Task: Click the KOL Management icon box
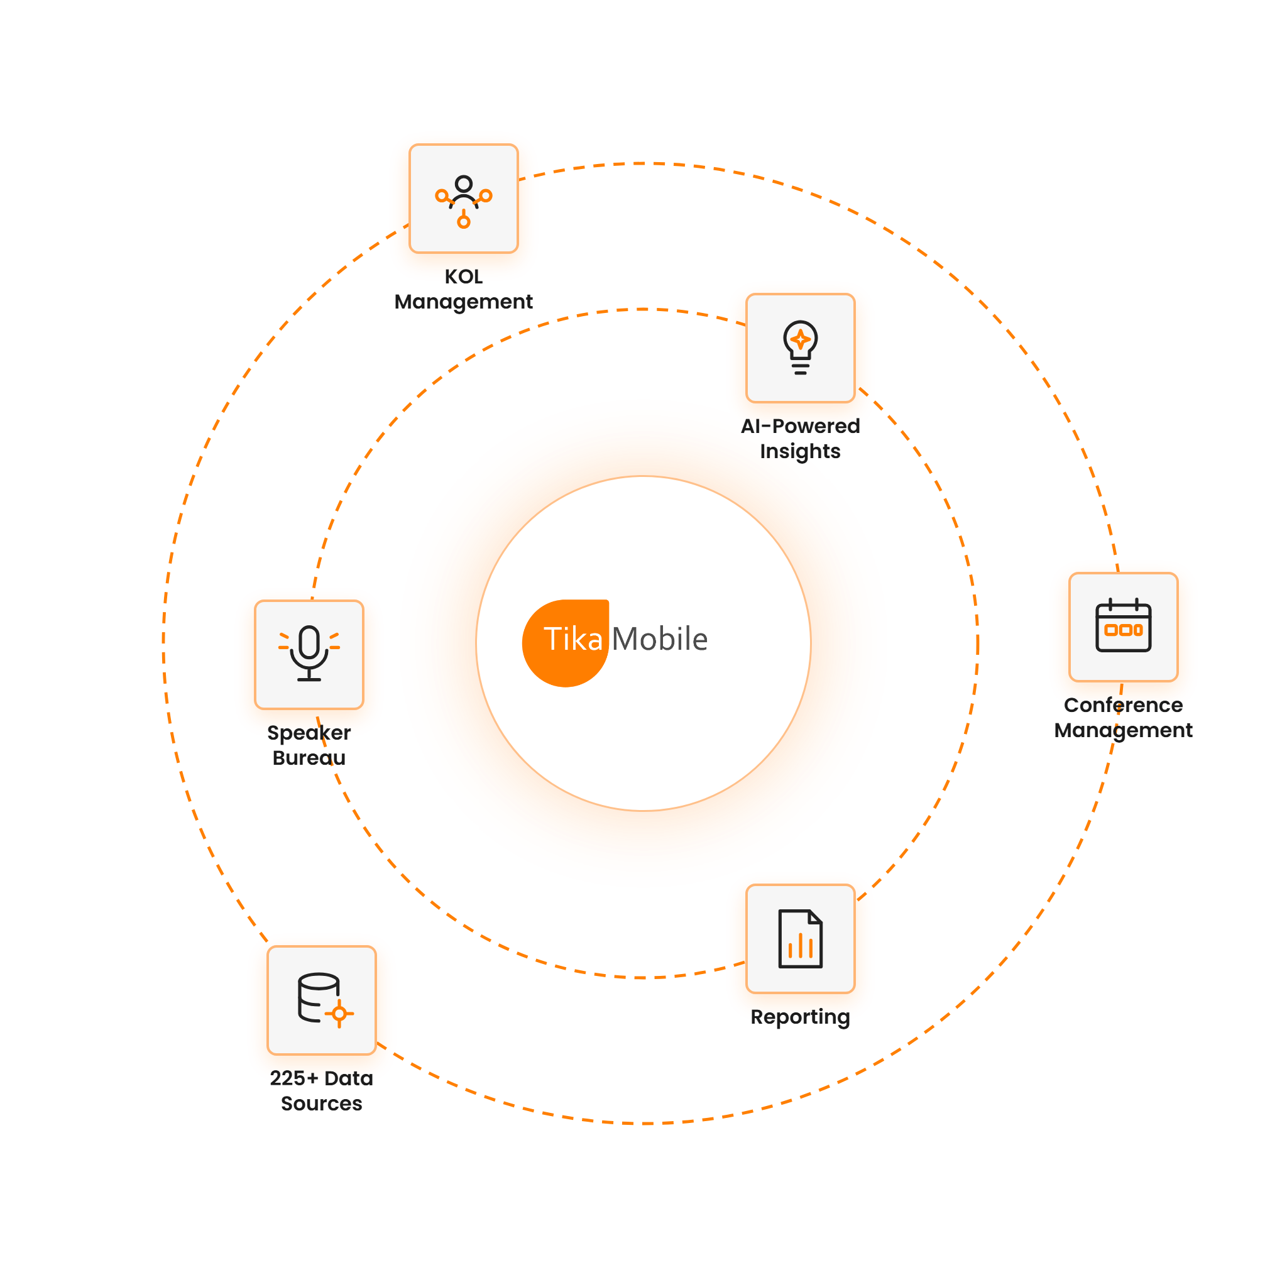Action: [464, 199]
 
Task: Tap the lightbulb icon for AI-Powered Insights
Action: [800, 347]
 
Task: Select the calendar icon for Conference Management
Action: [1123, 625]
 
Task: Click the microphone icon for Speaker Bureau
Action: [309, 654]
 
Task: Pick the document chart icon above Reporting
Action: [800, 939]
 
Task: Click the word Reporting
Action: [800, 1017]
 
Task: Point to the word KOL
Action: [464, 277]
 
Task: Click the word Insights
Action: [800, 452]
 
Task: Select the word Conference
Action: [1123, 705]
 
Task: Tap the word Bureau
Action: [309, 758]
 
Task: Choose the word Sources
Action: [322, 1104]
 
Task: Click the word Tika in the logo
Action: [573, 640]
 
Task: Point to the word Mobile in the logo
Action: [659, 639]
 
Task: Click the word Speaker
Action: [309, 733]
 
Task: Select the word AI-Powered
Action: [800, 426]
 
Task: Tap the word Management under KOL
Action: [464, 302]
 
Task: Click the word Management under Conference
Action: [1123, 731]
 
